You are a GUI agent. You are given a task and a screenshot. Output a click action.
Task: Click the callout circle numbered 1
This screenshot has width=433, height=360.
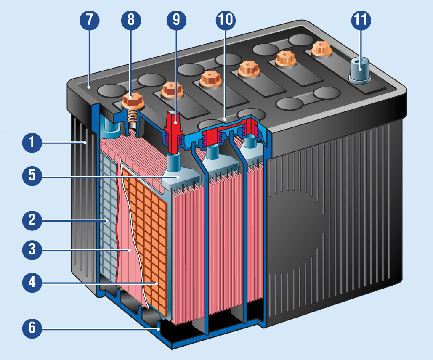[32, 143]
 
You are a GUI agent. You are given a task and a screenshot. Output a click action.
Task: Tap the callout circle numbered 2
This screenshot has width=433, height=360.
[32, 220]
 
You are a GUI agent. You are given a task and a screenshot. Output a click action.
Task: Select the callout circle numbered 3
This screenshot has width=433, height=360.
[32, 250]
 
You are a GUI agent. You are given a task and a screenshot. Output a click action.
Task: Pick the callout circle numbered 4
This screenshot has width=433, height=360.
[32, 283]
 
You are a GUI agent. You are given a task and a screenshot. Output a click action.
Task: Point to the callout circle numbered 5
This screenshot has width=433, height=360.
[32, 176]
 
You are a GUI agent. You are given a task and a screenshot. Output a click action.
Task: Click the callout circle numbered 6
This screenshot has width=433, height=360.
[32, 328]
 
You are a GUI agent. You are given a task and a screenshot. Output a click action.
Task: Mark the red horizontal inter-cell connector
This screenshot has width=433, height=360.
[225, 133]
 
